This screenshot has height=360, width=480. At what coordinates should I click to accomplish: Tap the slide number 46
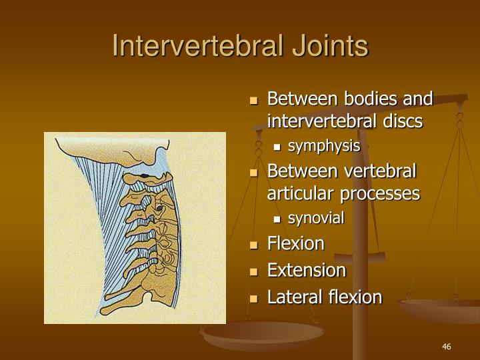pyautogui.click(x=447, y=347)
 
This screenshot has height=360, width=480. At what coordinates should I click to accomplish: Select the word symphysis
pyautogui.click(x=324, y=146)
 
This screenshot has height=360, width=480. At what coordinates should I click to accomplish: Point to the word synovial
pyautogui.click(x=316, y=218)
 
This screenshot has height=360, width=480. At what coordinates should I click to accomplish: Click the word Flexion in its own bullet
pyautogui.click(x=295, y=244)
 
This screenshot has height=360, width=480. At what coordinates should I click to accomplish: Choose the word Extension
pyautogui.click(x=307, y=271)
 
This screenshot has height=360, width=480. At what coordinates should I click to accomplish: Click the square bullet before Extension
pyautogui.click(x=253, y=271)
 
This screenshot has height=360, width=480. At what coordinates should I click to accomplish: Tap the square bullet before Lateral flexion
pyautogui.click(x=253, y=297)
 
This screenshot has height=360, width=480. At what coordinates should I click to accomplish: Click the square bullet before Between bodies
pyautogui.click(x=253, y=100)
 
